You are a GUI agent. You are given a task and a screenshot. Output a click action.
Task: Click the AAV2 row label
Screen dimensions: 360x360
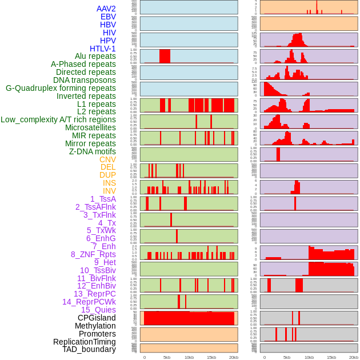tap(106, 9)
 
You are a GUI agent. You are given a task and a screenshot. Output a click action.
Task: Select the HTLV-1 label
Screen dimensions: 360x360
tap(102, 49)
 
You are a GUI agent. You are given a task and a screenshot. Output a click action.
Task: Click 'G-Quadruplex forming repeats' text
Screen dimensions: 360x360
tap(61, 88)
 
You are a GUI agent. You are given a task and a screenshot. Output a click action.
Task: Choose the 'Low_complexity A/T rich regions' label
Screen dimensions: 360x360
tap(58, 119)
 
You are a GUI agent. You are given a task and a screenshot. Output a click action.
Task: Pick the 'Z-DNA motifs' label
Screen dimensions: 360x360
tap(92, 151)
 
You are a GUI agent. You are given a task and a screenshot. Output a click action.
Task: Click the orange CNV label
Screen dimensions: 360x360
tap(107, 159)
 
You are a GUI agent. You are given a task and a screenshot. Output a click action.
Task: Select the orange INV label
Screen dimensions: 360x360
tap(109, 191)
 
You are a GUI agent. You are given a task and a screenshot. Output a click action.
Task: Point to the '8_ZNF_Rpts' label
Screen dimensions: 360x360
tap(93, 254)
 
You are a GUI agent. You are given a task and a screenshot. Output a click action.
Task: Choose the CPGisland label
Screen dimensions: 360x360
tap(97, 318)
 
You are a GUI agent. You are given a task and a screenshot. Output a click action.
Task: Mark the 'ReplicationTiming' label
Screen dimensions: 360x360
tap(84, 342)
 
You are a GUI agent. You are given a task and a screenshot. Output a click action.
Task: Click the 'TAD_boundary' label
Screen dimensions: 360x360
tap(89, 349)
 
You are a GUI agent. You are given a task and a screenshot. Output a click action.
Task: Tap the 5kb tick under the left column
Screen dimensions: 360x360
tap(167, 357)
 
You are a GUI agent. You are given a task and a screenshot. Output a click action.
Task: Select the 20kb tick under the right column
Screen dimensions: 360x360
tap(354, 357)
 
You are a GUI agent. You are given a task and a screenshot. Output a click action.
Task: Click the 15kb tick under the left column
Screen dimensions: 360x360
tap(211, 357)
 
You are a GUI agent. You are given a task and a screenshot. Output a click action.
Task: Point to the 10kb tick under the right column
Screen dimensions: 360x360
tap(309, 357)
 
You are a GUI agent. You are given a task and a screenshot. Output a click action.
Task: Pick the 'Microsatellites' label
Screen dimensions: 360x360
tap(90, 127)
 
